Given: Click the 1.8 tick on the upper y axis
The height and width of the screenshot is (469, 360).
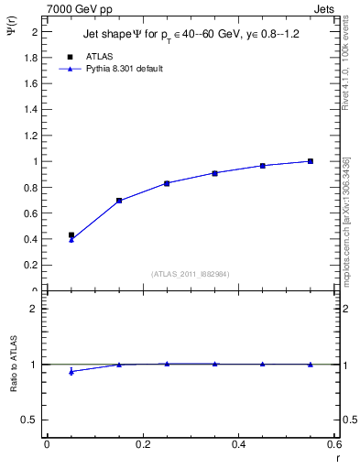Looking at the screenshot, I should pos(32,58).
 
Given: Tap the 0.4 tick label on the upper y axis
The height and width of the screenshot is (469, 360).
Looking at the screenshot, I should pos(32,239).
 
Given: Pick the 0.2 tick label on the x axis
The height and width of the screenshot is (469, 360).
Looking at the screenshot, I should pos(142,444).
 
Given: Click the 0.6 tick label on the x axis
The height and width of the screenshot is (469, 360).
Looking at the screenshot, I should pos(334,444).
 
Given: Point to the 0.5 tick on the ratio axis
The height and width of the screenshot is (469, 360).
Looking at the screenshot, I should pos(32,420).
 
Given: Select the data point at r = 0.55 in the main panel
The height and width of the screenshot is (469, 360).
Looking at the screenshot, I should pos(311,161).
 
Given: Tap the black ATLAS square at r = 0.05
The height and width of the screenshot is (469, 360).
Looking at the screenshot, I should pos(71,234).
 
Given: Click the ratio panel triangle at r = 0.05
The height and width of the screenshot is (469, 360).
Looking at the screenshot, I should pos(71,371).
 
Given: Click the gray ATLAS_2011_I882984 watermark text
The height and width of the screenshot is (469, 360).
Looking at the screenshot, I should pos(191,273).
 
